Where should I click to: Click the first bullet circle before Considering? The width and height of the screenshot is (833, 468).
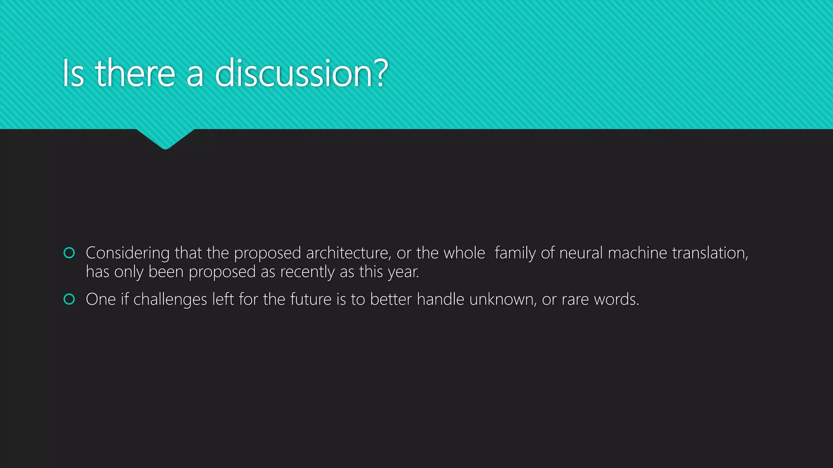(x=70, y=253)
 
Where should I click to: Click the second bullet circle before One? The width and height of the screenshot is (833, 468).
(x=70, y=299)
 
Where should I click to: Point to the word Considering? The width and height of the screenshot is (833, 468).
(x=127, y=253)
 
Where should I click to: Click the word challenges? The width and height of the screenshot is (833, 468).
(x=170, y=299)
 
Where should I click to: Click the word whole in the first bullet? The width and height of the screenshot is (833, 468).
(x=464, y=253)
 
